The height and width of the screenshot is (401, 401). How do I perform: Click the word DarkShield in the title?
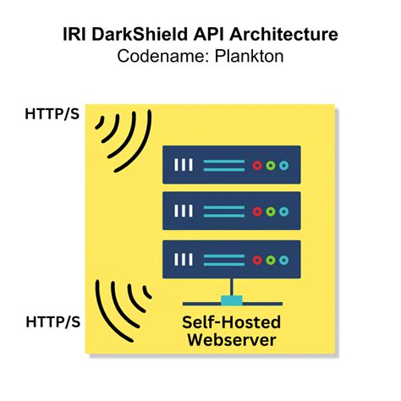[140, 34]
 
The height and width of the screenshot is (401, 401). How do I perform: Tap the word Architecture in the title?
[283, 34]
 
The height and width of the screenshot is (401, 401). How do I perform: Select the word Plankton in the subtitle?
[249, 56]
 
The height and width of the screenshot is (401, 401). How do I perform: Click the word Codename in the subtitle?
[164, 56]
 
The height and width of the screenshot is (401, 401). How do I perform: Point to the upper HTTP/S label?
[52, 114]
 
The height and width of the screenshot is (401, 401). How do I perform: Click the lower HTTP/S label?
[53, 321]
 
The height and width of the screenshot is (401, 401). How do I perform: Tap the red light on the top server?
[257, 166]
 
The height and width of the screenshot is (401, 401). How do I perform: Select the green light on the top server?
[271, 166]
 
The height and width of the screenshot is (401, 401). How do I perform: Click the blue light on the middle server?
[284, 211]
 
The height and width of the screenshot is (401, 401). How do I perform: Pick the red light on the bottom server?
[257, 260]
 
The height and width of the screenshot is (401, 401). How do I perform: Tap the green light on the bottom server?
[271, 260]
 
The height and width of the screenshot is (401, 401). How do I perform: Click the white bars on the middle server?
[184, 211]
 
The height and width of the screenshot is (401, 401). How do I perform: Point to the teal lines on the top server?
[224, 166]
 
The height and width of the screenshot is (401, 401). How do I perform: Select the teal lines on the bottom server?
[224, 260]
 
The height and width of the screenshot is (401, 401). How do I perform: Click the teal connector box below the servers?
[232, 300]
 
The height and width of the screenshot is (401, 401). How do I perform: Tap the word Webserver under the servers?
[232, 340]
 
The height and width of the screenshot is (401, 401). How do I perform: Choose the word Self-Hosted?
[232, 322]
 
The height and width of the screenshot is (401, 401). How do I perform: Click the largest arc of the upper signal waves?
[141, 146]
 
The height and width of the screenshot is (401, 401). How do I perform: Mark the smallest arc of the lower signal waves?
[146, 293]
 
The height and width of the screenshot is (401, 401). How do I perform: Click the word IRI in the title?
[74, 34]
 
